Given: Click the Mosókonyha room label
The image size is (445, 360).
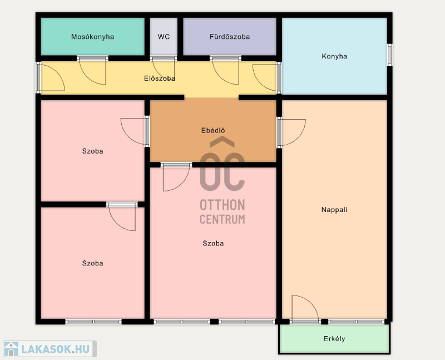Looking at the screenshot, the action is [x=92, y=37].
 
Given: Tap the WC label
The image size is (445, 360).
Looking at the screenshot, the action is [x=164, y=37].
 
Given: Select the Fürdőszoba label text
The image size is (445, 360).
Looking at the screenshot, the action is [x=230, y=37].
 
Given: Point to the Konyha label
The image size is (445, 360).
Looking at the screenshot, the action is [x=334, y=56].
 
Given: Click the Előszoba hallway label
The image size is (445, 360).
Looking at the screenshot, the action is [x=160, y=78].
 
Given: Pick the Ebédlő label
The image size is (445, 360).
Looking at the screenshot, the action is [x=213, y=130].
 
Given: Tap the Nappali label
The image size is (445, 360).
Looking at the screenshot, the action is [x=334, y=210].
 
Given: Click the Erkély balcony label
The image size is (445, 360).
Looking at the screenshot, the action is [x=334, y=339].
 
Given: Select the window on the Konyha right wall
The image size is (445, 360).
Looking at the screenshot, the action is [x=390, y=55].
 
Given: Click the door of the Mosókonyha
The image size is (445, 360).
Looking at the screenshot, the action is [x=92, y=71].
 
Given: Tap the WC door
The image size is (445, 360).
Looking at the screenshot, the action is [x=163, y=69].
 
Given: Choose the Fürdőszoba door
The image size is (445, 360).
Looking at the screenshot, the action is [x=225, y=71].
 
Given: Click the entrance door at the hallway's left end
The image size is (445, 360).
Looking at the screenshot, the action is [x=51, y=78].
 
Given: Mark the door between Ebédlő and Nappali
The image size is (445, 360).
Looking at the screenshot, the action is [x=291, y=132].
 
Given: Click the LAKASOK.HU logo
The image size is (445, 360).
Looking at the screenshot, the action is [x=50, y=349].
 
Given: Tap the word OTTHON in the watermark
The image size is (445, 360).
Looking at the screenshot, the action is [x=222, y=205].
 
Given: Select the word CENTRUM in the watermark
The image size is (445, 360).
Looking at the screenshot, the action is [x=222, y=219].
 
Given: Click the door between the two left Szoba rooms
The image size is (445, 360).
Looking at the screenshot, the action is [x=122, y=216].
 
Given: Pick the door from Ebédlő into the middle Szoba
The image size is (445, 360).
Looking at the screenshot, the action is [x=176, y=177].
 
